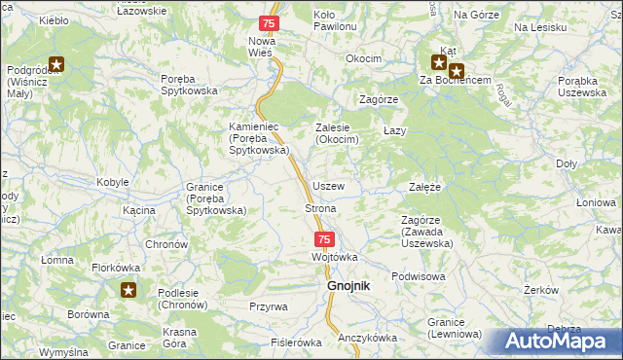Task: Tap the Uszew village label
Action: pos(328,185)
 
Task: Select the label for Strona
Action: pos(321,209)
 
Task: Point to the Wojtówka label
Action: pos(335,257)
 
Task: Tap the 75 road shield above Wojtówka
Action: pos(325,239)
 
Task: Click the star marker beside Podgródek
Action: pos(56,65)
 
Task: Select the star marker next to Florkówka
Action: pos(129,289)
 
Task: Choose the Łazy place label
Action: pos(394,130)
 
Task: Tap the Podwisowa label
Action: pos(419,276)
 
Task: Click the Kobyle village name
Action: pos(114,183)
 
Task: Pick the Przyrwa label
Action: pos(268,306)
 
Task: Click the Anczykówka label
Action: pos(367,338)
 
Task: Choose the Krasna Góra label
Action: pos(180,338)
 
